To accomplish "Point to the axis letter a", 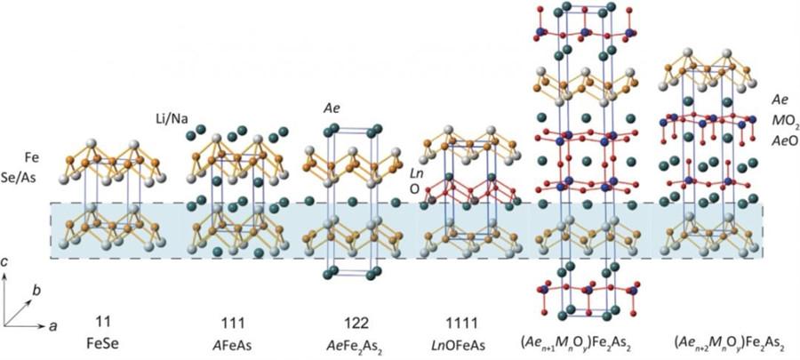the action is coord(52,326).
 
